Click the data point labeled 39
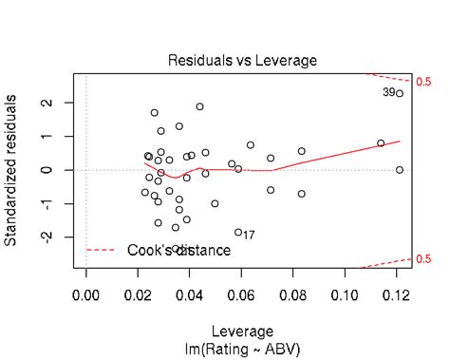(x=400, y=93)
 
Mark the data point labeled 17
(x=238, y=232)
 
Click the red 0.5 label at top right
(x=423, y=83)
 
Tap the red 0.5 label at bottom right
(x=423, y=258)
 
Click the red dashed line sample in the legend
(x=103, y=250)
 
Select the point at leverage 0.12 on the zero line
(x=400, y=170)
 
